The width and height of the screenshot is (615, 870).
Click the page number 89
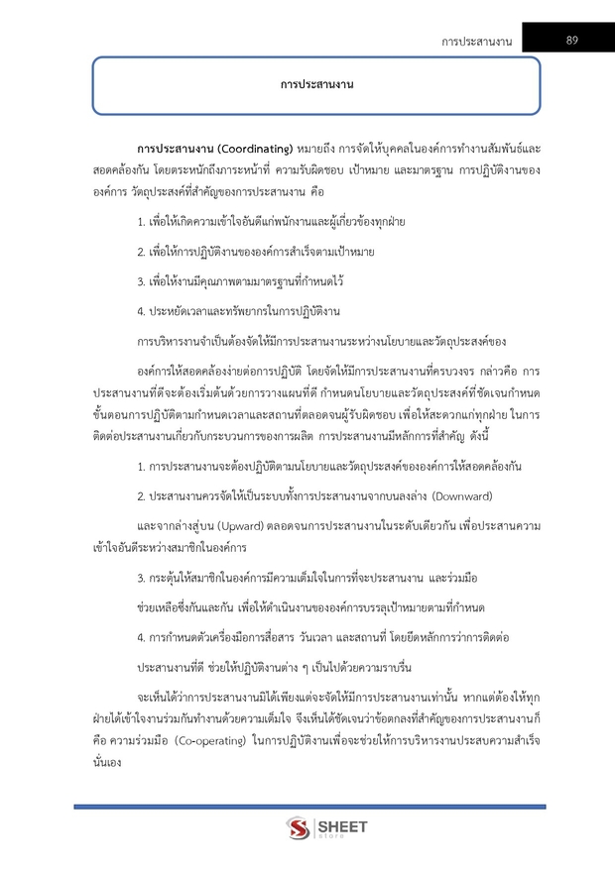click(x=572, y=40)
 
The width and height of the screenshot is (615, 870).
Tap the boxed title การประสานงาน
click(x=316, y=86)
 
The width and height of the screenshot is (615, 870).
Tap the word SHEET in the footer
click(x=342, y=824)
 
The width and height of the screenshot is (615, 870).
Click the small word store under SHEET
click(x=331, y=837)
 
